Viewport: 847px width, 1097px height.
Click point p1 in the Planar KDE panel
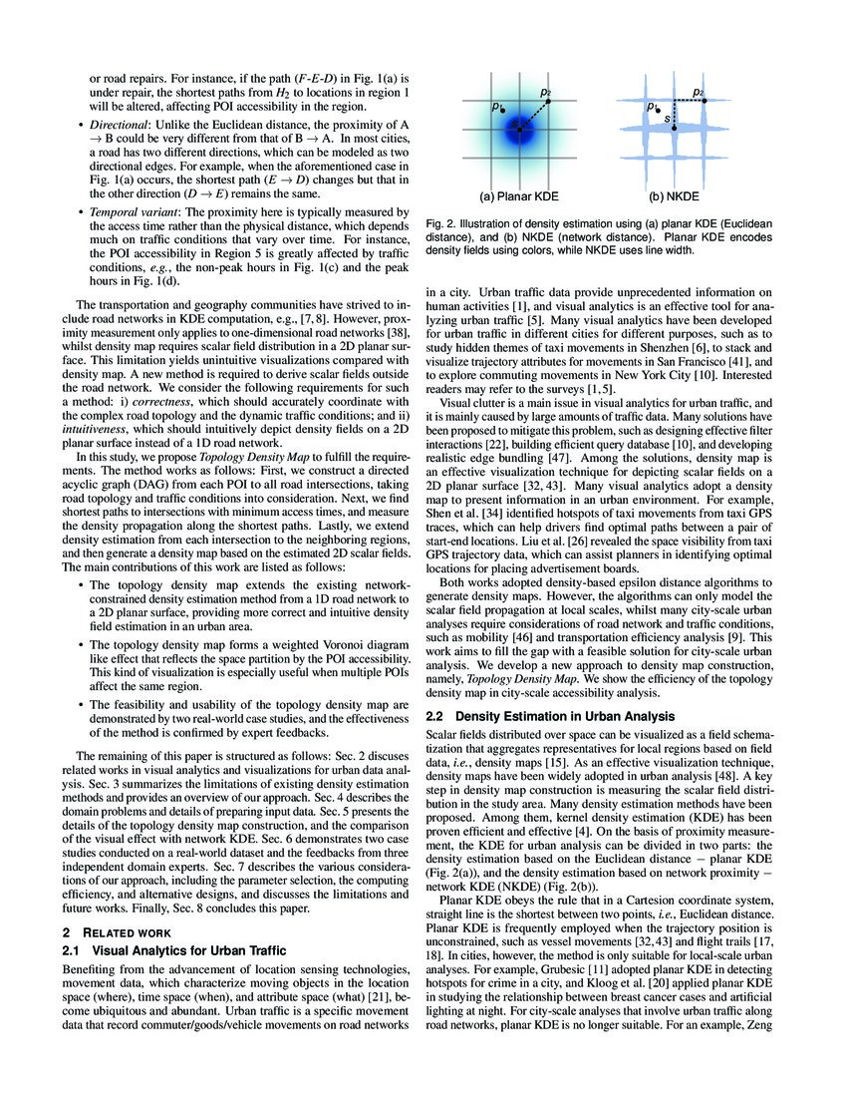pyautogui.click(x=505, y=110)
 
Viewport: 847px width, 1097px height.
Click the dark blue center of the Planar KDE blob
pyautogui.click(x=519, y=127)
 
